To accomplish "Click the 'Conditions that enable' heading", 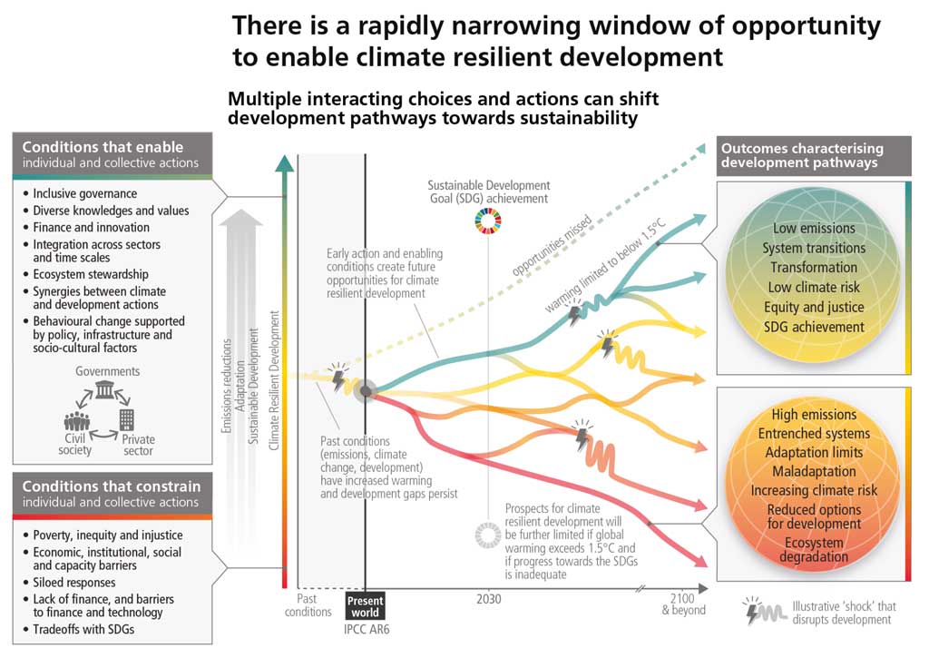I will pyautogui.click(x=103, y=147).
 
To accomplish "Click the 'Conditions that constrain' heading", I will pyautogui.click(x=111, y=486).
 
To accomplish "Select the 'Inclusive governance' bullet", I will pyautogui.click(x=85, y=193).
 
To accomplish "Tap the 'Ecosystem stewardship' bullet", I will pyautogui.click(x=91, y=274).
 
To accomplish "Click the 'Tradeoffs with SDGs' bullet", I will pyautogui.click(x=83, y=630).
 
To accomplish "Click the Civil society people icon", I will pyautogui.click(x=76, y=421).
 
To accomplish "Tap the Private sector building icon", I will pyautogui.click(x=126, y=419).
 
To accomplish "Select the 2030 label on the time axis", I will pyautogui.click(x=488, y=600).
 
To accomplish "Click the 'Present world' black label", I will pyautogui.click(x=365, y=605).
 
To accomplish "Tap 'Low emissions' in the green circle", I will pyautogui.click(x=814, y=229).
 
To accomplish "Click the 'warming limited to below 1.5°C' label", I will pyautogui.click(x=597, y=269).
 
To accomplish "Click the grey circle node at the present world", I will pyautogui.click(x=366, y=391).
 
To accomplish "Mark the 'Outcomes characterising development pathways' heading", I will pyautogui.click(x=798, y=155).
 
